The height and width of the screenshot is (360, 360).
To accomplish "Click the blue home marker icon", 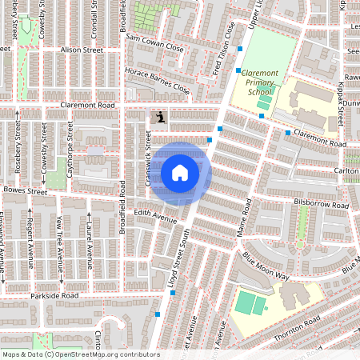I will tap(180, 173).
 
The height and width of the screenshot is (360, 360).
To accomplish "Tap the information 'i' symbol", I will tap(160, 118).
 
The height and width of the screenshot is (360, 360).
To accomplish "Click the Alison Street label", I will tap(82, 50).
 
